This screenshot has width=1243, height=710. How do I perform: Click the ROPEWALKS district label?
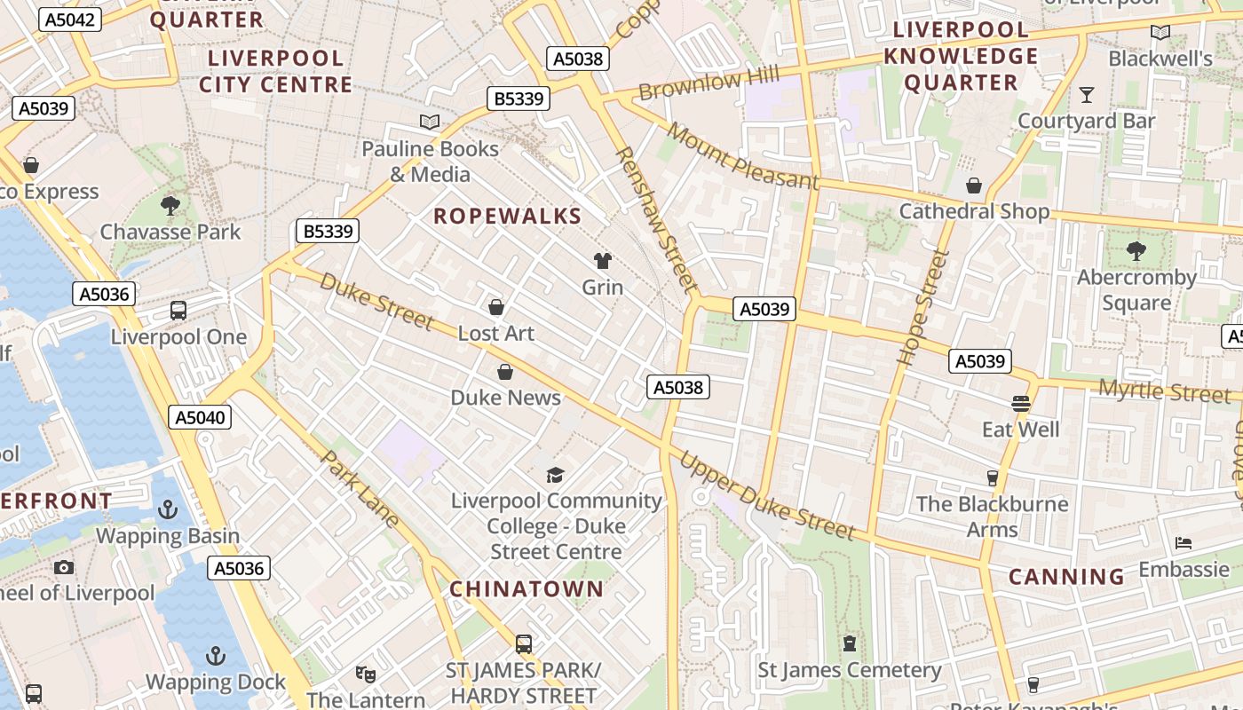(x=507, y=216)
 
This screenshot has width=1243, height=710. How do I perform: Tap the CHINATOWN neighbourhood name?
(x=526, y=588)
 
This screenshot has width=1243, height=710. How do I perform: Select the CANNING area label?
(x=1066, y=577)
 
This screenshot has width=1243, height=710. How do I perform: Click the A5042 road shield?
(x=69, y=20)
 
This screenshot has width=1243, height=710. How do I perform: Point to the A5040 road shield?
(x=201, y=417)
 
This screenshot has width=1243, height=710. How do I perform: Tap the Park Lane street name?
(x=360, y=488)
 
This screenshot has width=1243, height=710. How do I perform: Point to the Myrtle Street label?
(x=1164, y=390)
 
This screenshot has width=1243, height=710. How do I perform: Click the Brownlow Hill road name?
(x=701, y=85)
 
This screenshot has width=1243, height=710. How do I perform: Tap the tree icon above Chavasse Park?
(x=170, y=206)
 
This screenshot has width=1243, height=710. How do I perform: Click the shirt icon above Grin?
(x=603, y=261)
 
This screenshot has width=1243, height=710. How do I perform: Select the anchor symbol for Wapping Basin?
(x=168, y=509)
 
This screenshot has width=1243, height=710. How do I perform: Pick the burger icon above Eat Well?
(x=1020, y=404)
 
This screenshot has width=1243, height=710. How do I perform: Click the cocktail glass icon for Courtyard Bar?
(x=1086, y=94)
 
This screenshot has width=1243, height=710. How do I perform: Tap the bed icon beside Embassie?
(x=1183, y=543)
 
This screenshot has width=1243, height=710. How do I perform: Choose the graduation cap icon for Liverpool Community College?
(x=556, y=475)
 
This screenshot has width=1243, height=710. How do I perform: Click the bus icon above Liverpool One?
(x=178, y=311)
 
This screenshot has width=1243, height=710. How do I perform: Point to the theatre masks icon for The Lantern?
(x=364, y=674)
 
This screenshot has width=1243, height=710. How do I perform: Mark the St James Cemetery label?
(x=849, y=670)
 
